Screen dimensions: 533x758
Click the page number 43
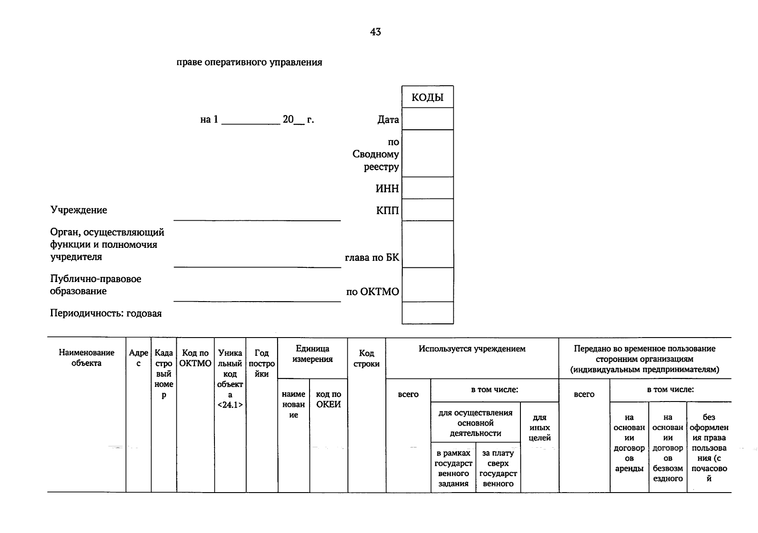tap(375, 32)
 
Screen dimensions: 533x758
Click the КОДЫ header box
tap(427, 97)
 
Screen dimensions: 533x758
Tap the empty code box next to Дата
tap(427, 119)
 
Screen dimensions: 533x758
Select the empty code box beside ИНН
tap(427, 188)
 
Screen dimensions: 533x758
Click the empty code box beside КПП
tap(427, 210)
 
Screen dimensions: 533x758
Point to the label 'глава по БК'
tap(372, 258)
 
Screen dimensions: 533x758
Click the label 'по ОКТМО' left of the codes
tap(372, 292)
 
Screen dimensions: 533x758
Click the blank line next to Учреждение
tap(257, 215)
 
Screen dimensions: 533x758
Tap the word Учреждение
tap(79, 210)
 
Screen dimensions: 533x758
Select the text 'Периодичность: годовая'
tap(106, 314)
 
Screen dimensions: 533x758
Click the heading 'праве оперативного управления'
tap(249, 62)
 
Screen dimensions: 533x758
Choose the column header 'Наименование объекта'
tap(87, 358)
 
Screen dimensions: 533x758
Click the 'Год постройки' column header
tap(262, 363)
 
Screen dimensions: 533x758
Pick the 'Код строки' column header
tap(366, 358)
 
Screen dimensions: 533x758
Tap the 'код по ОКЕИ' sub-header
tap(328, 399)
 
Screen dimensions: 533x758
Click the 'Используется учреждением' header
tap(472, 349)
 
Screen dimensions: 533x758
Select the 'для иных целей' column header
tap(540, 428)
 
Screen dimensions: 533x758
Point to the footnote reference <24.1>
tap(230, 405)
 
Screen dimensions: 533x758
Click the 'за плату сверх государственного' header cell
tap(498, 468)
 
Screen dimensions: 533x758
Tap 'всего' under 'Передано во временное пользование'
tap(584, 394)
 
